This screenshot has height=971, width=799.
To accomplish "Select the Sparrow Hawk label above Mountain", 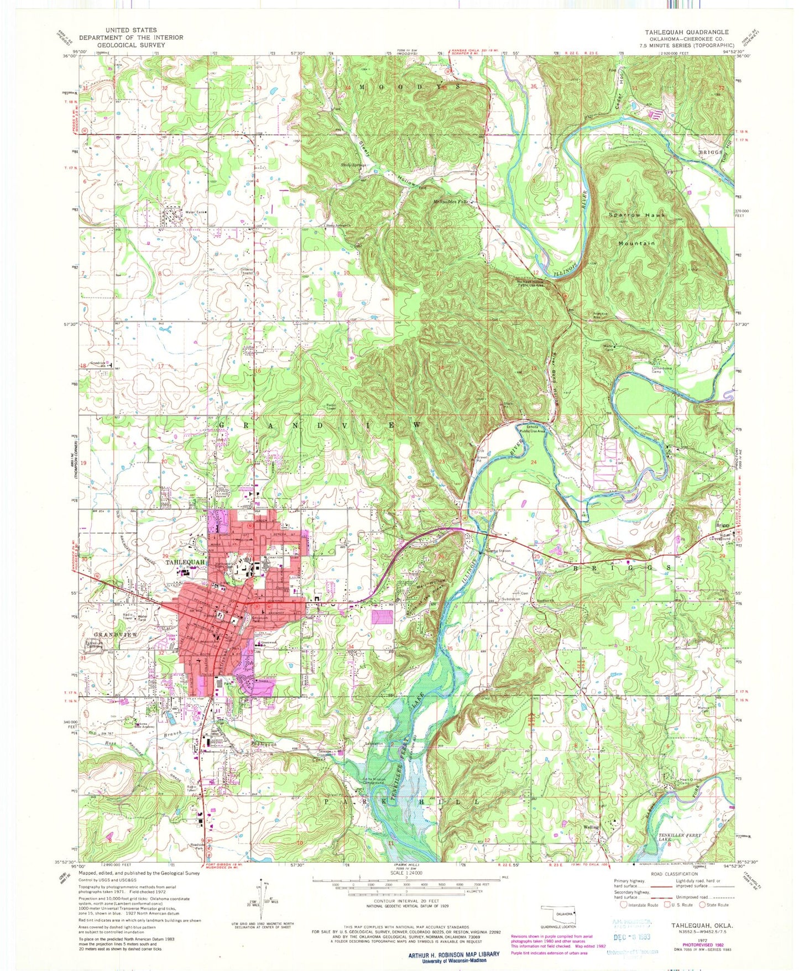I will click(x=637, y=215).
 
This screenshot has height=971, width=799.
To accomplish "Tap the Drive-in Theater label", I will click(x=247, y=272).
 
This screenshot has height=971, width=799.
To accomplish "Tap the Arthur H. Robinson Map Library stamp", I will click(x=453, y=957).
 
